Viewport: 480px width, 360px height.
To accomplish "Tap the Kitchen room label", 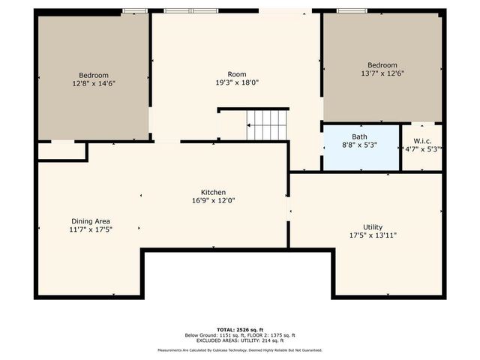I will click(213, 193).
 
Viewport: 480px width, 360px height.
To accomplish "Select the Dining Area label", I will click(91, 221).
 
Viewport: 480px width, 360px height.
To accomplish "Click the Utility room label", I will click(373, 227).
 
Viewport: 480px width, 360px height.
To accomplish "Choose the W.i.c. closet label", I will click(422, 140).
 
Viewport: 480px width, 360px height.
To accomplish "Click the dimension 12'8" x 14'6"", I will click(94, 84).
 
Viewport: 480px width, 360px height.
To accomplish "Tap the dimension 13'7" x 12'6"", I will click(382, 74).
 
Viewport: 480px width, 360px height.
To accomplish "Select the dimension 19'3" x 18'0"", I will click(237, 83).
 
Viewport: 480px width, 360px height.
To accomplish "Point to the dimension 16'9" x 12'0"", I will click(213, 201).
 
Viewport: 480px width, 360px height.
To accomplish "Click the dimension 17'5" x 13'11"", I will click(373, 235).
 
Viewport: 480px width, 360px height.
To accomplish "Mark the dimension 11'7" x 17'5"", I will click(91, 229).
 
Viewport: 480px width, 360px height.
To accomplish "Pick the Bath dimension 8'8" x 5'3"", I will click(360, 145).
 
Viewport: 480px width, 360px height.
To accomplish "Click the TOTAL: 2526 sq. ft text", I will click(239, 329).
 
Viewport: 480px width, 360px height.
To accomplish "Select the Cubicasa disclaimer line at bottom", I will click(239, 350).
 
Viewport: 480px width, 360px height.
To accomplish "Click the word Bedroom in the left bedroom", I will click(94, 75).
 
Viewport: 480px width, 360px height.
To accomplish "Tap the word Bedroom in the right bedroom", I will click(382, 65).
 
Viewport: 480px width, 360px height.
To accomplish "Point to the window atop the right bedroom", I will click(346, 10).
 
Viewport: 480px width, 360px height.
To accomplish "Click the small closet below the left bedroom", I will click(61, 151).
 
